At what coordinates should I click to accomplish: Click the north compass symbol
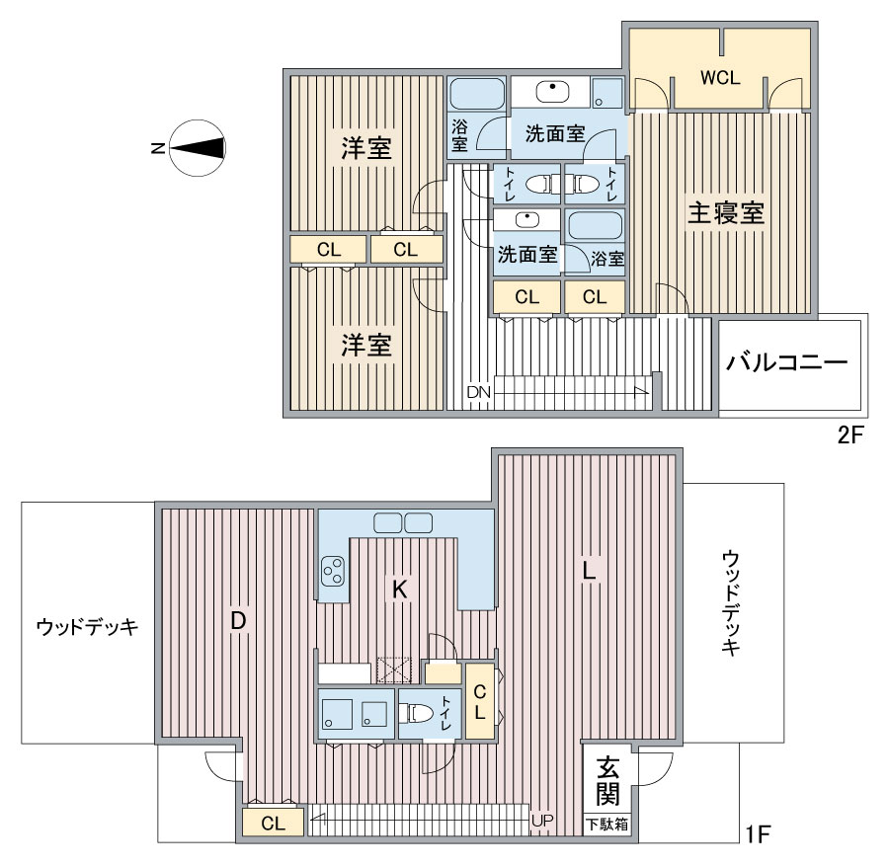click(x=198, y=148)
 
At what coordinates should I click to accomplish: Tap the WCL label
click(x=720, y=78)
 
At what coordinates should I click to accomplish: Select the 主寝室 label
click(x=725, y=213)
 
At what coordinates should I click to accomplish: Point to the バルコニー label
click(x=786, y=361)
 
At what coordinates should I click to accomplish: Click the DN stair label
click(x=478, y=392)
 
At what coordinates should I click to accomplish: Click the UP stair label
click(x=542, y=821)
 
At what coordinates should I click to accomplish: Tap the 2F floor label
click(x=849, y=434)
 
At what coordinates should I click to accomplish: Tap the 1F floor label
click(x=758, y=833)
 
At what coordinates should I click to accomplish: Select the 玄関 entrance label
click(x=607, y=780)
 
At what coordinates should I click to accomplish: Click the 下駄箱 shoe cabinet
click(x=606, y=824)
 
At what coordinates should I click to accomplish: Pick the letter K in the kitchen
click(x=399, y=590)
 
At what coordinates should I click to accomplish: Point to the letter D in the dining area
click(x=238, y=621)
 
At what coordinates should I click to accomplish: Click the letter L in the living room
click(x=589, y=570)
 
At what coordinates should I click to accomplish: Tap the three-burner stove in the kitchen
click(x=333, y=571)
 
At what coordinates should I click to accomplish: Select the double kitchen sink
click(x=403, y=522)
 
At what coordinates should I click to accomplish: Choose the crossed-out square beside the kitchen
click(x=394, y=670)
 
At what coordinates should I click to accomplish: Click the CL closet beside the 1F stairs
click(x=273, y=823)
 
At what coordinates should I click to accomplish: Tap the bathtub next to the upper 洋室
click(x=477, y=94)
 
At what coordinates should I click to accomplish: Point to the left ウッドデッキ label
click(x=87, y=626)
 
